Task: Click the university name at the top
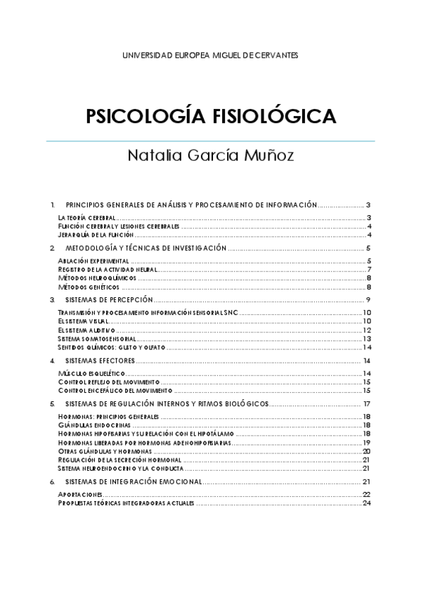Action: (x=210, y=55)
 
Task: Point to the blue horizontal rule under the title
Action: (x=210, y=141)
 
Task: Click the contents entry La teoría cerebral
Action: (x=86, y=219)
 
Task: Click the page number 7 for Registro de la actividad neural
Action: (x=368, y=270)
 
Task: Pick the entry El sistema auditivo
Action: (x=86, y=330)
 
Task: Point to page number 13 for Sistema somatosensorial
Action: (x=366, y=338)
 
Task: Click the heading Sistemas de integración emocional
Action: (x=134, y=481)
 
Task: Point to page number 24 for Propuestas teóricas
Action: (x=366, y=503)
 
